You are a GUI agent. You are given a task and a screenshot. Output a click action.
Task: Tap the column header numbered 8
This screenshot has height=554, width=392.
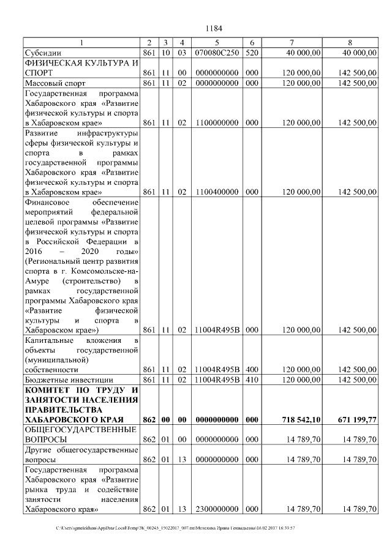(350, 42)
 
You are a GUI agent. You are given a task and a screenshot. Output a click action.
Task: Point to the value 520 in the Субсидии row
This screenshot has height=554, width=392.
(252, 53)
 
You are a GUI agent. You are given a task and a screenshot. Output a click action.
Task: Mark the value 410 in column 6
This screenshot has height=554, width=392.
(252, 380)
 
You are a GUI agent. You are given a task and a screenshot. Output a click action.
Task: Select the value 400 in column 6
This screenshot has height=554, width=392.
(252, 370)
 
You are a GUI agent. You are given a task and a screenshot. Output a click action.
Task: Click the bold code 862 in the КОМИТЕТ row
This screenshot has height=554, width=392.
(149, 420)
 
